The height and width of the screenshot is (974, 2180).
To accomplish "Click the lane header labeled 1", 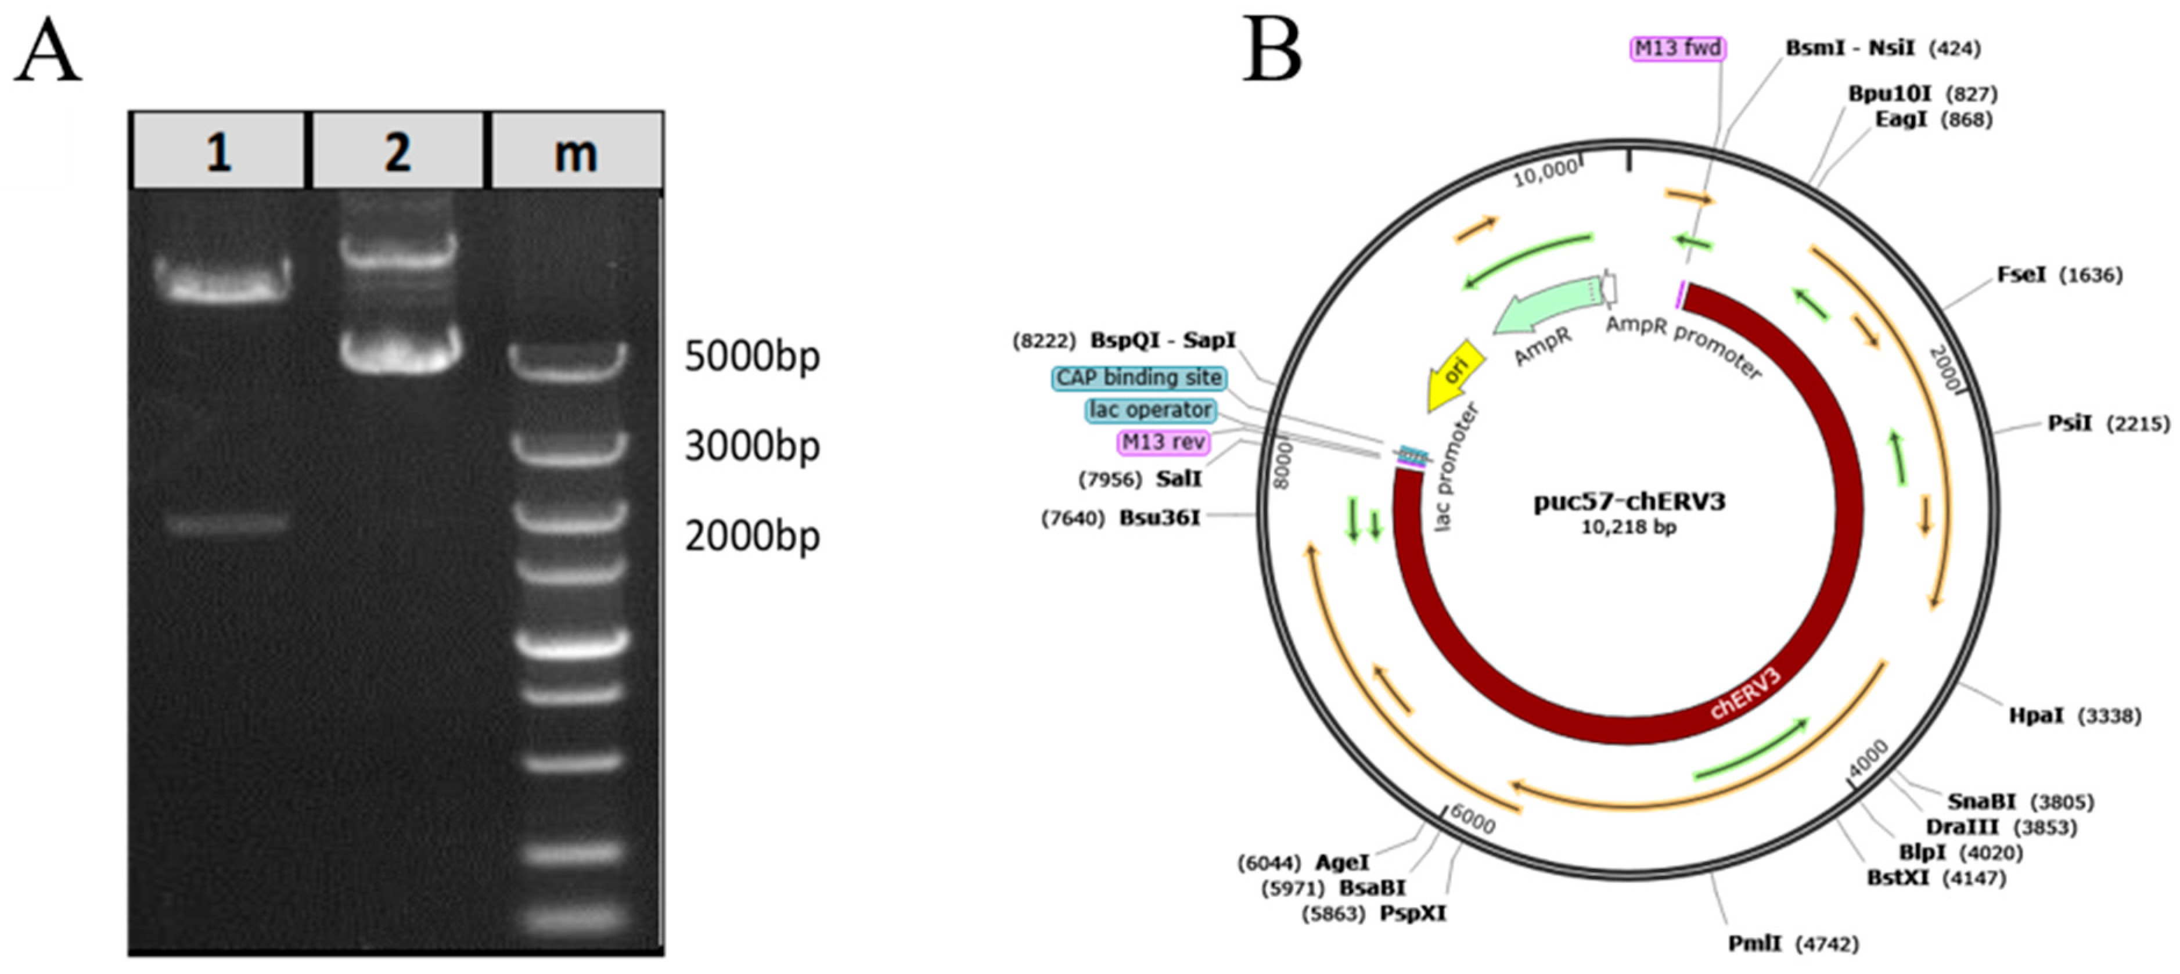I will point(218,152).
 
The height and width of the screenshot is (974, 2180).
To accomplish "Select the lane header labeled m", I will point(575,152).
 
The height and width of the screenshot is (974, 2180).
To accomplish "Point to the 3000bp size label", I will point(751,446).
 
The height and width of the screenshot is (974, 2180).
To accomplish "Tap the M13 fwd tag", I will point(1677,48).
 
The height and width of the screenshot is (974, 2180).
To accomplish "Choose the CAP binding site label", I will point(1139,378).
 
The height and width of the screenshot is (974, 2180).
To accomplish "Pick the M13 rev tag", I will point(1163,442).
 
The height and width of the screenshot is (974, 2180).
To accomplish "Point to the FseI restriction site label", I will point(2021,275).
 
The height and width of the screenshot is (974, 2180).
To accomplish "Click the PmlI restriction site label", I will point(1754,944).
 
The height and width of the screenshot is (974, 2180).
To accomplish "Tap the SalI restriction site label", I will point(1178,479).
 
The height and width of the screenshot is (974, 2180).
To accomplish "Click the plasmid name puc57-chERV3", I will point(1629,502).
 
